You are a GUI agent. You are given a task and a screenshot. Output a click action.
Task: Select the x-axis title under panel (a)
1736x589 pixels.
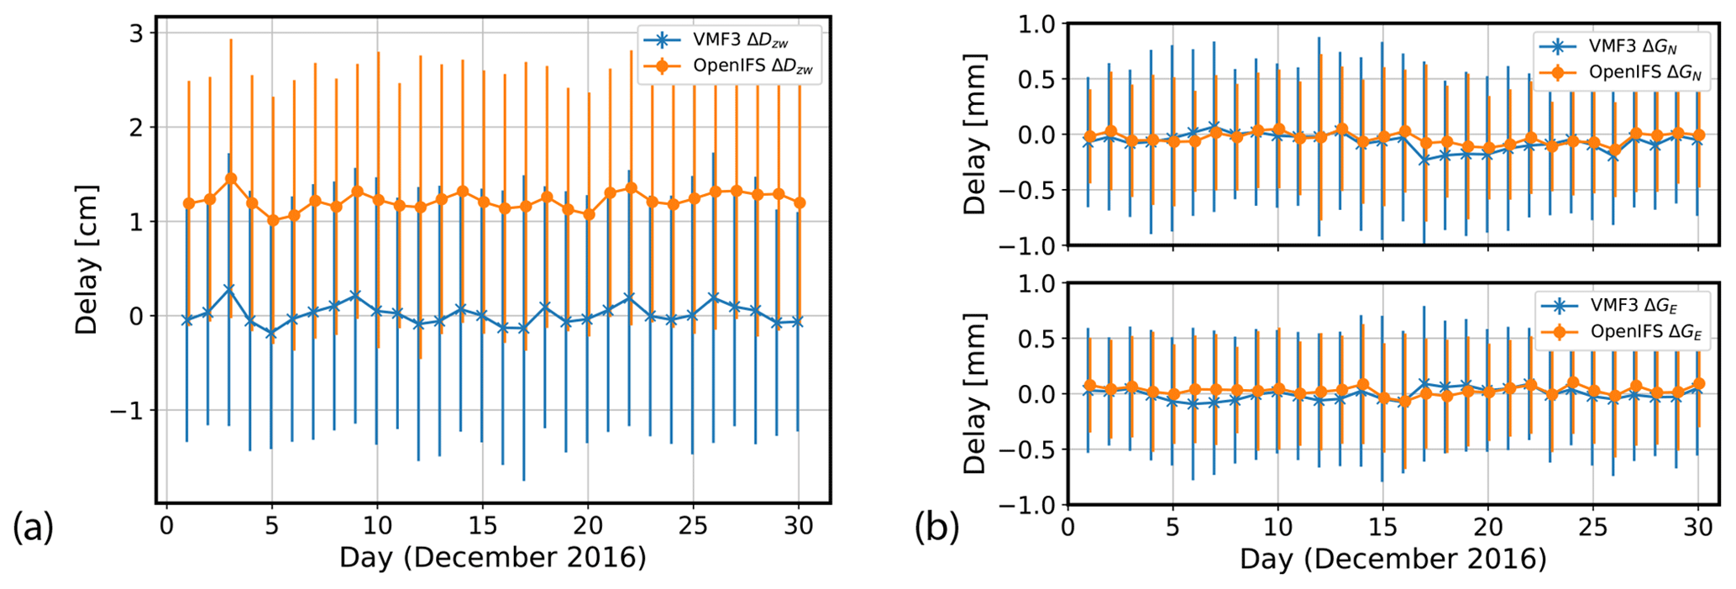(x=492, y=557)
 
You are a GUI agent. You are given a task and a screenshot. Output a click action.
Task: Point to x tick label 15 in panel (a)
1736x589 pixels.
(x=482, y=526)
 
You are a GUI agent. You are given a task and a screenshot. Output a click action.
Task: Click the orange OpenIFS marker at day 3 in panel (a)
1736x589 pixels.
(x=231, y=179)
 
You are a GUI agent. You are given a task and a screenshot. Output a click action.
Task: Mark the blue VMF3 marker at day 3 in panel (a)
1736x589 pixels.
(x=228, y=289)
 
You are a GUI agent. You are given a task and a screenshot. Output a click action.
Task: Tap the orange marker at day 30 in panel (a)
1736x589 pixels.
(x=800, y=202)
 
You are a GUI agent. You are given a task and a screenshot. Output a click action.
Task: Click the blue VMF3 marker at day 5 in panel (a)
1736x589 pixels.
(x=270, y=334)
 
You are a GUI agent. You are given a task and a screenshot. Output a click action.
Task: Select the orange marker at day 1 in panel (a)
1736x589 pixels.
(x=189, y=203)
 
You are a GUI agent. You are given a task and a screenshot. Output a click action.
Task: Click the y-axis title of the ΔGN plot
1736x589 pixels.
(x=974, y=134)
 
